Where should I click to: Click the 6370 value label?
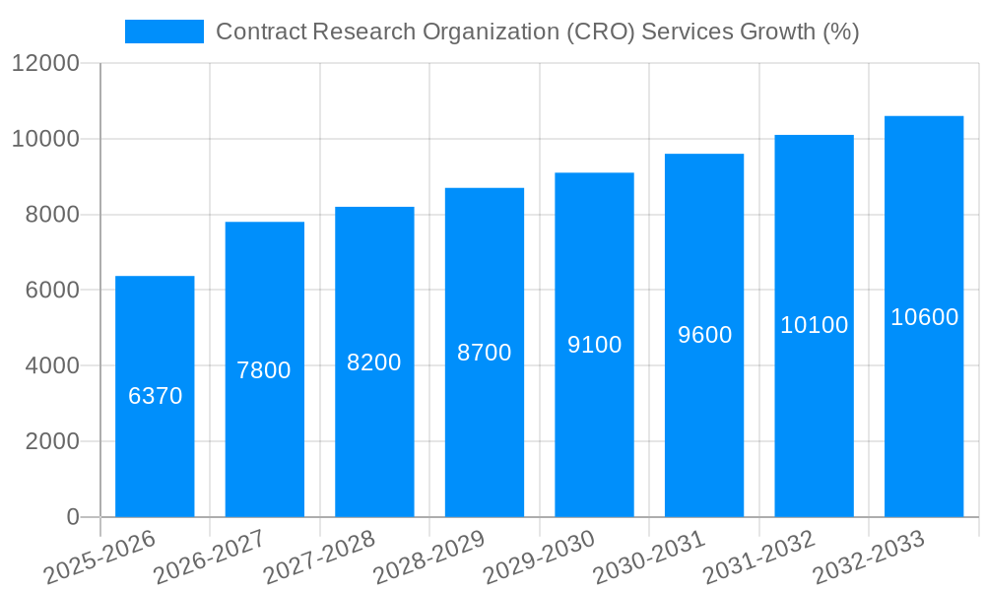point(156,396)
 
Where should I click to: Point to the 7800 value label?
point(264,370)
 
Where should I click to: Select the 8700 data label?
point(485,353)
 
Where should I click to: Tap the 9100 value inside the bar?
point(595,345)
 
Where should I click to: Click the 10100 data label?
point(815,325)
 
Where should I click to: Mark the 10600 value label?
point(924,317)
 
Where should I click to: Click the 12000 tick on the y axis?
point(45,64)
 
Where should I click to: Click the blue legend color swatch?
point(164,32)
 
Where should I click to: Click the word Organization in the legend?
point(492,33)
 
